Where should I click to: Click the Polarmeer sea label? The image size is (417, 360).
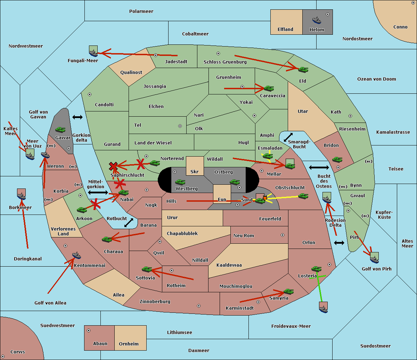[141, 11]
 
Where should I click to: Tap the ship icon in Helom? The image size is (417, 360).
[317, 20]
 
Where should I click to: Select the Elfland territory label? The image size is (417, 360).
[285, 30]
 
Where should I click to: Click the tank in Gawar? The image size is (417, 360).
[60, 129]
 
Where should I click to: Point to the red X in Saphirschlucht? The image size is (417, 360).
[113, 166]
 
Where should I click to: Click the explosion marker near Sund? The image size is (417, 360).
[265, 198]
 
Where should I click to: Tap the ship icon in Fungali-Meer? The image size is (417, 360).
[93, 52]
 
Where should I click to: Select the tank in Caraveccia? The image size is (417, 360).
[269, 89]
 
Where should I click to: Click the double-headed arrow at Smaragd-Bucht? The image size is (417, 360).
[288, 137]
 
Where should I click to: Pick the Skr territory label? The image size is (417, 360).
[195, 172]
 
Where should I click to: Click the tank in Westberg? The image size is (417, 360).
[180, 182]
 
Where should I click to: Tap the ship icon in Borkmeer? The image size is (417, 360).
[22, 196]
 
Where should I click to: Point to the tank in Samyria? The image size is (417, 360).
[288, 291]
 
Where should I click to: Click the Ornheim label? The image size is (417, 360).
[129, 344]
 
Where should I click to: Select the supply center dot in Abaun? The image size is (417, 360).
[89, 330]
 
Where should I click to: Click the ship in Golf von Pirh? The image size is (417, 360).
[374, 259]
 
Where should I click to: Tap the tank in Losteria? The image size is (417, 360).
[316, 269]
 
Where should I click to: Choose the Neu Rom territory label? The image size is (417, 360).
[244, 236]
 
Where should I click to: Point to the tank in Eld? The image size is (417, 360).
[303, 69]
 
